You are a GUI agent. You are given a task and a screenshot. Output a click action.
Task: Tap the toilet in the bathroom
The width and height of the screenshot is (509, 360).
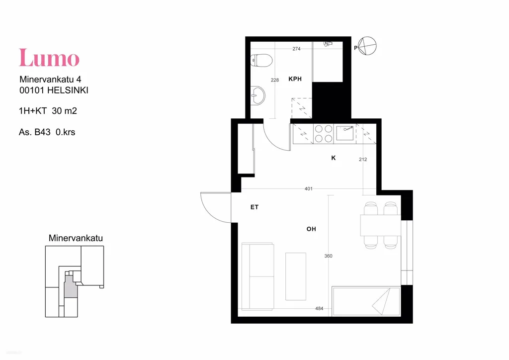261,60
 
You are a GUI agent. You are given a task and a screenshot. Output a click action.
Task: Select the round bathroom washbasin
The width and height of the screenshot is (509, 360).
258,95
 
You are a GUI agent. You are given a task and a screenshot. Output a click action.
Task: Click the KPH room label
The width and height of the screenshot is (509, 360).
295,79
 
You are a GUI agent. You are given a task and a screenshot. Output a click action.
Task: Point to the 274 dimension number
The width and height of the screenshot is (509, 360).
296,49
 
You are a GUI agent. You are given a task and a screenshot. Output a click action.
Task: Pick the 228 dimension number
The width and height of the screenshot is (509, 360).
274,80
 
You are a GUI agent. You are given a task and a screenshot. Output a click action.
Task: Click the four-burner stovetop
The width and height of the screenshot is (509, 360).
324,134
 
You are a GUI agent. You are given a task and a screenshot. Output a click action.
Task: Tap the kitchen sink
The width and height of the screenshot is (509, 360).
345,133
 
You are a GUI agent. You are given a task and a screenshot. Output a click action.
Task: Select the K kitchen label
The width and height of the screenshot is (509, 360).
334,158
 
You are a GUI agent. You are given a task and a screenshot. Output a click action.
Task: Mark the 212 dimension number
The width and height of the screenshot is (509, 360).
363,160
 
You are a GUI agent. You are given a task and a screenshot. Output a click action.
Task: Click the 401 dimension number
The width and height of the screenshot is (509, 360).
308,188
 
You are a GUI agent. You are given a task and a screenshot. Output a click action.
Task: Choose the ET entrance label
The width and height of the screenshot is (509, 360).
254,207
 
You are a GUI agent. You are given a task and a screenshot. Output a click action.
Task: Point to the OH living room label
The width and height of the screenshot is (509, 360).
311,229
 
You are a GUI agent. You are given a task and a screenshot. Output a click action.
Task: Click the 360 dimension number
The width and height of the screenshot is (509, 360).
328,256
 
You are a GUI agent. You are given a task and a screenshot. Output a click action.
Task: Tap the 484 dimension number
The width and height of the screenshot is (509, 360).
319,309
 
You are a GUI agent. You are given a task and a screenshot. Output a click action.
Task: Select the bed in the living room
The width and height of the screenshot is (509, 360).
366,301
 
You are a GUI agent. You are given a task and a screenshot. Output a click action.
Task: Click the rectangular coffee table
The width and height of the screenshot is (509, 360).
295,276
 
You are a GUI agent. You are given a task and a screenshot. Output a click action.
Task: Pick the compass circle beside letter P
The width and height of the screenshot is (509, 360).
367,46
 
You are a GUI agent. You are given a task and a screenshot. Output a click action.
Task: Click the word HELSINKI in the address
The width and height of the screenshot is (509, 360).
68,90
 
